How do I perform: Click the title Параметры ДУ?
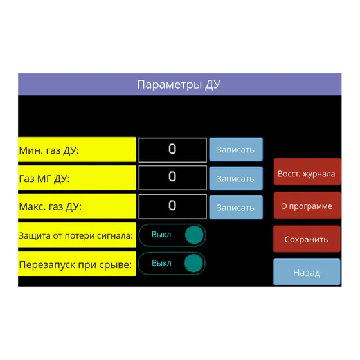[179, 85]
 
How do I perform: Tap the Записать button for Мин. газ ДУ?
[236, 149]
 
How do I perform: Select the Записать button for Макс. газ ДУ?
[236, 207]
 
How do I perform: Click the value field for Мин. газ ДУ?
[173, 150]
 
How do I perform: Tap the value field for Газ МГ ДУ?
[173, 177]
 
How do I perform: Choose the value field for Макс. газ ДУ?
[173, 206]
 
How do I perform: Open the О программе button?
[307, 206]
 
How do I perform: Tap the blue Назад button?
[307, 272]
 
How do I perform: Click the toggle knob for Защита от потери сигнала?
[194, 235]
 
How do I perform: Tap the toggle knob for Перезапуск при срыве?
[194, 263]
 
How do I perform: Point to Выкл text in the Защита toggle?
[161, 235]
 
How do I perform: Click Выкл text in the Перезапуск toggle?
[161, 263]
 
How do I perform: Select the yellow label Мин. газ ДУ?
[77, 149]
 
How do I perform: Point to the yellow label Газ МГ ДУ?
[77, 177]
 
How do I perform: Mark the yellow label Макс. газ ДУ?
[77, 206]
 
